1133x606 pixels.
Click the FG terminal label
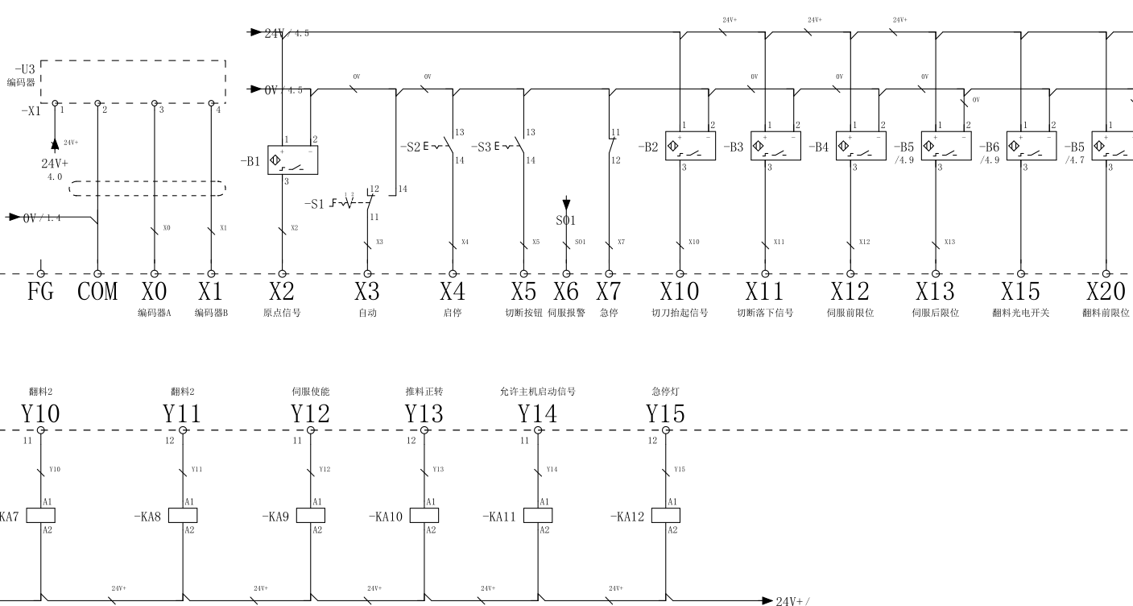click(x=40, y=292)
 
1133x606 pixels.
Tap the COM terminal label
click(x=97, y=292)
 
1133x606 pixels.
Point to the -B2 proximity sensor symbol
click(x=690, y=146)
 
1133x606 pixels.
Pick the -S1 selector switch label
click(x=316, y=203)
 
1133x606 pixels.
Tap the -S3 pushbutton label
click(x=481, y=147)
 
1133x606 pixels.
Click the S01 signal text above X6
click(x=566, y=221)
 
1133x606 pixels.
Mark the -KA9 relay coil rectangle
click(x=311, y=516)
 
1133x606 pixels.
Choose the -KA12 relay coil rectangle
click(x=665, y=516)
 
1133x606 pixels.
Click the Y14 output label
click(x=537, y=414)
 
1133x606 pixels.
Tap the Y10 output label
click(x=40, y=414)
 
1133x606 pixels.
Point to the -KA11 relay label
click(x=498, y=517)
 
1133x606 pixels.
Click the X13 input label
click(x=935, y=292)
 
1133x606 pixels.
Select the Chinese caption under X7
click(x=609, y=313)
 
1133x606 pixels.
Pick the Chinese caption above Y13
click(x=424, y=392)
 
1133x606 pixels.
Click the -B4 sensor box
click(x=861, y=146)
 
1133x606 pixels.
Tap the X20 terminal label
click(x=1106, y=292)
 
